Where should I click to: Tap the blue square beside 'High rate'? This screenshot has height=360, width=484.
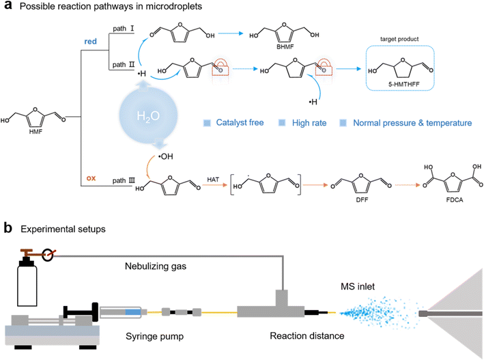(287, 122)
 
